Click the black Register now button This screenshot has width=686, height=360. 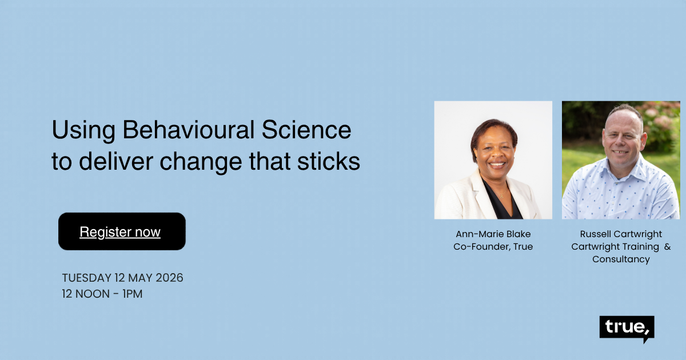click(x=122, y=231)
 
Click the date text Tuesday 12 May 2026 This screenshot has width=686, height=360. click(x=122, y=278)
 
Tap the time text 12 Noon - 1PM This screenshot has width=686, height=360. click(x=102, y=295)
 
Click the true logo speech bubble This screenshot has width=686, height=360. click(x=627, y=328)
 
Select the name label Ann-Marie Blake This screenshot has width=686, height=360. click(x=493, y=234)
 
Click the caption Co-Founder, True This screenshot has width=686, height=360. click(x=493, y=247)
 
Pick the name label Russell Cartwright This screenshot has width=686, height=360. click(x=621, y=234)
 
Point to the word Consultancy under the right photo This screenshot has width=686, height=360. click(x=621, y=259)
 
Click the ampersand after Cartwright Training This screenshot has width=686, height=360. click(x=667, y=247)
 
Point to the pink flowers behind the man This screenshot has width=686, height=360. click(x=663, y=120)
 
